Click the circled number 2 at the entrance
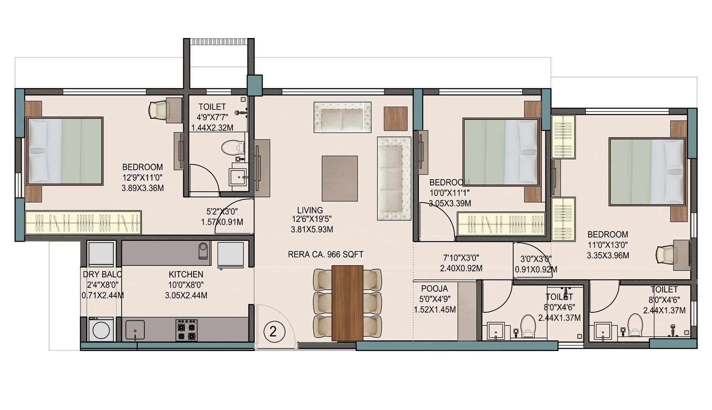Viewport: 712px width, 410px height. tap(273, 331)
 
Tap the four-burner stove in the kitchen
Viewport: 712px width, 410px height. tap(187, 331)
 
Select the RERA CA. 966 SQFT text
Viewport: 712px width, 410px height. tap(326, 255)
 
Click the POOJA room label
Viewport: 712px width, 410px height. tap(434, 289)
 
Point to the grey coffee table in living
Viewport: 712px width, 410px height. tap(340, 178)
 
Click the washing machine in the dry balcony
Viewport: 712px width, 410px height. tap(101, 329)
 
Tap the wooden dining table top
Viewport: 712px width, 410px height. tap(347, 303)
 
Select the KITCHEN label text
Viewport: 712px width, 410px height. tap(186, 274)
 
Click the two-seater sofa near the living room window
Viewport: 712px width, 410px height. tap(343, 117)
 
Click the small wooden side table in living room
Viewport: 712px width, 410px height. tap(396, 118)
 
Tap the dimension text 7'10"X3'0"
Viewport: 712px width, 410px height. tap(461, 258)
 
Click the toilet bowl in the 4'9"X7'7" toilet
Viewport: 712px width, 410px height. tap(230, 148)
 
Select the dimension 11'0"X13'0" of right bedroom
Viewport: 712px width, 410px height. tap(608, 245)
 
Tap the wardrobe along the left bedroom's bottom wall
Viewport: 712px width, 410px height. tap(83, 223)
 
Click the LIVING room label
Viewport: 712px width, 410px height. tap(310, 210)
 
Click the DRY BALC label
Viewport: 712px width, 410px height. tap(102, 274)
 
